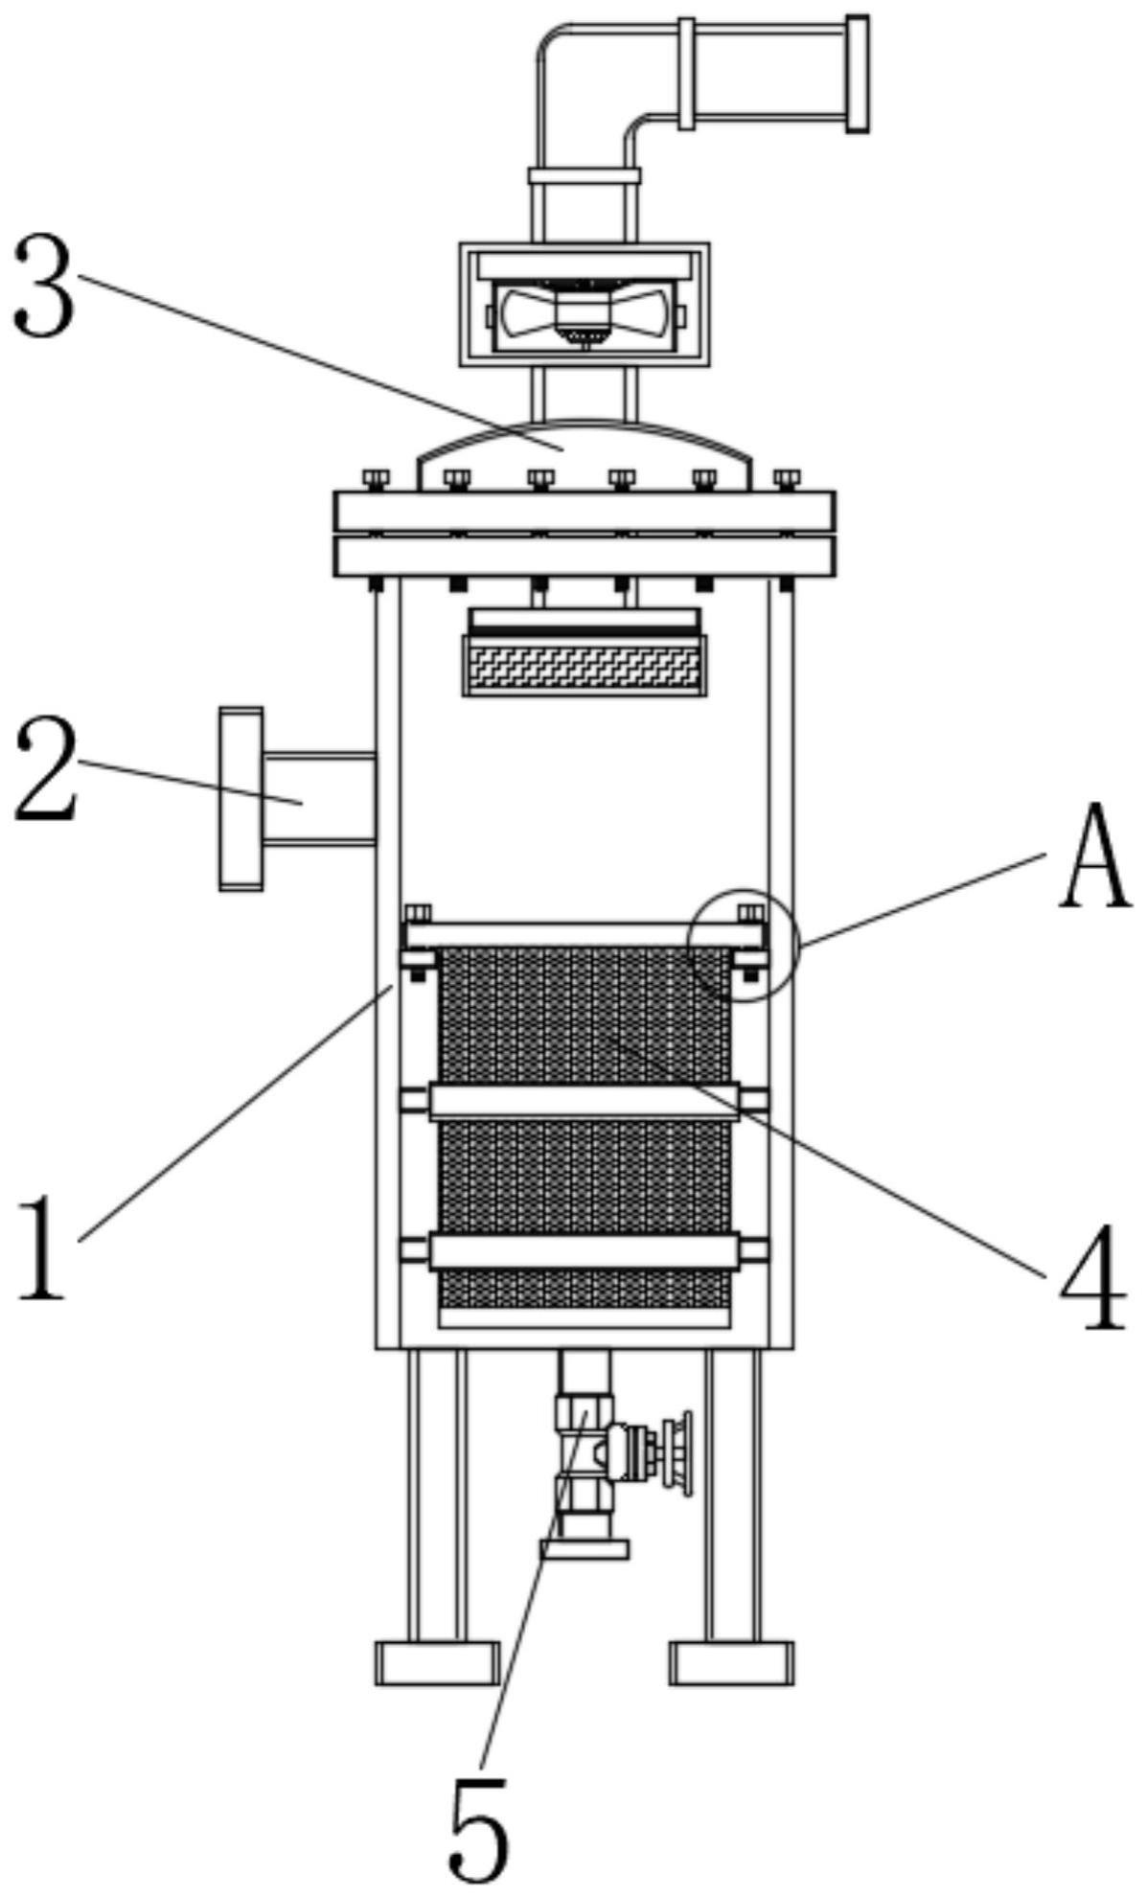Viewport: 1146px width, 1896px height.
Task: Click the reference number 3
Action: click(x=43, y=286)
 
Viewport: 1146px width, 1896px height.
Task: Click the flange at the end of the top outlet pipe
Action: click(x=858, y=73)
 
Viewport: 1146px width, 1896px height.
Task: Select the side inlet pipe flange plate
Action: click(x=241, y=799)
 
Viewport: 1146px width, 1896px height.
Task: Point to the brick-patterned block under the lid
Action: click(x=584, y=666)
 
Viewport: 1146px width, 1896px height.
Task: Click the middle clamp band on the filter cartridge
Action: click(x=584, y=1101)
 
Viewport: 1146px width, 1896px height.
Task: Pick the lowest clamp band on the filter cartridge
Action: click(x=584, y=1252)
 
